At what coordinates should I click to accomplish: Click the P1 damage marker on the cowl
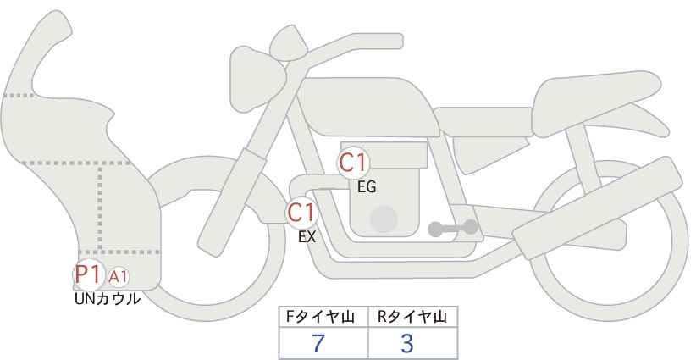(x=89, y=274)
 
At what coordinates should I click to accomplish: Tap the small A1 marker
(x=118, y=277)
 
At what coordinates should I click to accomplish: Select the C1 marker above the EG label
(x=353, y=163)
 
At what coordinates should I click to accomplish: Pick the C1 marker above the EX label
(x=301, y=212)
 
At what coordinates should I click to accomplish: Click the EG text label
(x=367, y=187)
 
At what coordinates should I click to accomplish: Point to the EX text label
(x=307, y=237)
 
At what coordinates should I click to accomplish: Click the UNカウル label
(x=107, y=299)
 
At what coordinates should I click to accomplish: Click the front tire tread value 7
(x=318, y=343)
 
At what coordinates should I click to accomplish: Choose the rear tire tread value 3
(x=406, y=343)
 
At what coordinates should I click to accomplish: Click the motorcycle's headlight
(x=257, y=79)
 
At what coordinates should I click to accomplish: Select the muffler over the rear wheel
(x=597, y=208)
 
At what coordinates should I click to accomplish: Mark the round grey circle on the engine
(x=384, y=219)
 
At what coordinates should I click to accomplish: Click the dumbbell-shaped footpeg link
(x=453, y=229)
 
